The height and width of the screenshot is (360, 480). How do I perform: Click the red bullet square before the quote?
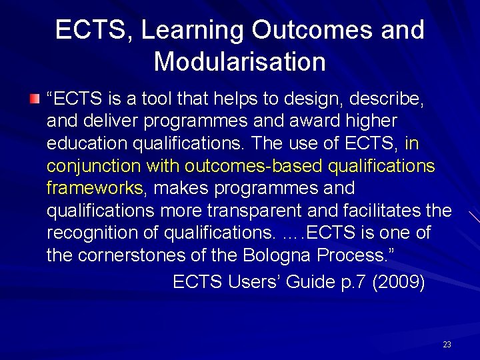35,99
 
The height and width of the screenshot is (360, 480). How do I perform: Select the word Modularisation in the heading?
239,61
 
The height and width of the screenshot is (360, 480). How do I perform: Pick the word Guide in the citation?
313,282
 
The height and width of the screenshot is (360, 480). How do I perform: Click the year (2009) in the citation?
399,282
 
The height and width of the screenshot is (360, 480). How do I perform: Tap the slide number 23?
447,345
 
